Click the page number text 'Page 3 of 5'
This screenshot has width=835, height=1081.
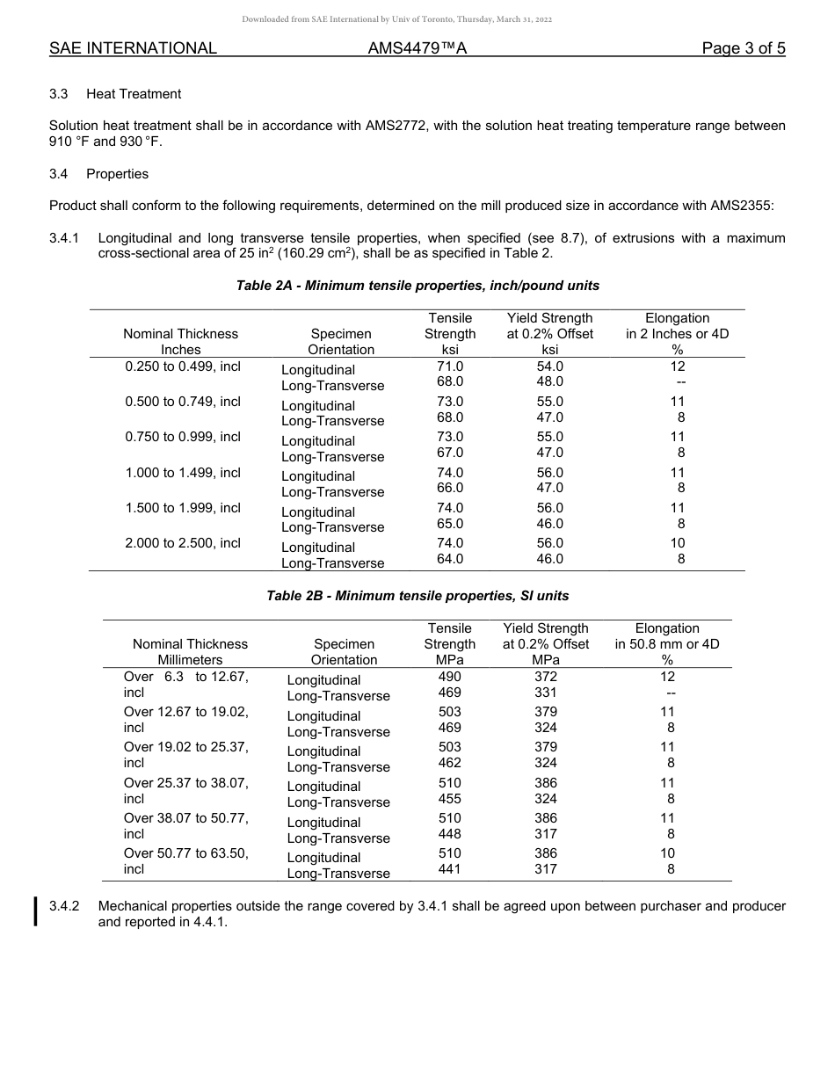coord(743,49)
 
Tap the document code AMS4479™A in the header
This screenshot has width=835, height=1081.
coord(417,49)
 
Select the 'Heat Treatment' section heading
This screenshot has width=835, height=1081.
coord(134,94)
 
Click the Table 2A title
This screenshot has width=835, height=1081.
coord(417,286)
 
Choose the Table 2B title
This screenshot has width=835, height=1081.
coord(417,596)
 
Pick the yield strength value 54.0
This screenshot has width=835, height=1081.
coord(550,366)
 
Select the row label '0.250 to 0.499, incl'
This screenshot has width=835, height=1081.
coord(183,366)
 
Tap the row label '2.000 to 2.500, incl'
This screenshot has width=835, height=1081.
coord(183,543)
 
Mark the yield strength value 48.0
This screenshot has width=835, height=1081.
coord(550,381)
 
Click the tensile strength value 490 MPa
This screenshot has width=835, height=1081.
coord(450,677)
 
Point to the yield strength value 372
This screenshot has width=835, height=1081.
coord(546,677)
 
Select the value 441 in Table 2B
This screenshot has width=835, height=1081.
coord(450,869)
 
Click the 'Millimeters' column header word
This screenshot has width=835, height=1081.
coord(190,660)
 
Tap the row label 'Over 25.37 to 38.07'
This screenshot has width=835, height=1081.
coord(186,783)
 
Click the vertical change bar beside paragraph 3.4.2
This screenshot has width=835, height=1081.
coord(36,911)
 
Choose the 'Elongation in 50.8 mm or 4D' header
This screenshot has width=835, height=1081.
coord(667,644)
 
